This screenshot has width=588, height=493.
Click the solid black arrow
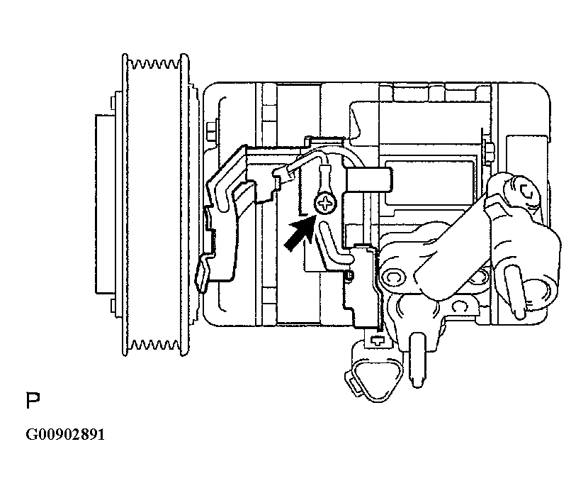tap(299, 235)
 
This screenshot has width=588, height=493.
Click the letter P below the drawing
tap(33, 401)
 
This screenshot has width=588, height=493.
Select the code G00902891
tap(65, 434)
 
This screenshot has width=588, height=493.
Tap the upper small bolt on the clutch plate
tap(112, 103)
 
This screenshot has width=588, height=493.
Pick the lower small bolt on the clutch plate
tap(112, 306)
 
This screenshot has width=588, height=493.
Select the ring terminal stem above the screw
tap(324, 179)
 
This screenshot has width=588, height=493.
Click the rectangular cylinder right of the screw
tap(369, 179)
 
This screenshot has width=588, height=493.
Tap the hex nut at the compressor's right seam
tap(488, 153)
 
